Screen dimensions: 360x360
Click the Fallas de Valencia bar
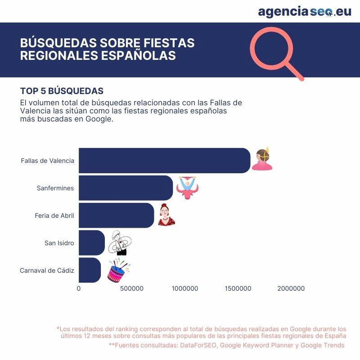(x=164, y=161)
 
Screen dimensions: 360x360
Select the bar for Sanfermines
(x=126, y=188)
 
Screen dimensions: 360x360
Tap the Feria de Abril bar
(x=116, y=216)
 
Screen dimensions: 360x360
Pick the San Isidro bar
(x=91, y=243)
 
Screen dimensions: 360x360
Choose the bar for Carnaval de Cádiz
(x=90, y=270)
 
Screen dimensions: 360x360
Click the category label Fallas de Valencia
(x=47, y=161)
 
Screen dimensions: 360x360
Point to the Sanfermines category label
(x=55, y=188)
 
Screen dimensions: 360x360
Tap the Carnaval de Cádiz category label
(x=47, y=270)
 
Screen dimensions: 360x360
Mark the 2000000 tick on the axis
(x=290, y=288)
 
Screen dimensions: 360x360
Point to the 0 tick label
(x=79, y=288)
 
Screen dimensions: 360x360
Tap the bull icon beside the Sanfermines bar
(x=187, y=188)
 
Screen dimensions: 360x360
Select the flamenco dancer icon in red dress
(x=166, y=215)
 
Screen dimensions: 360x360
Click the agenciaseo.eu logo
(x=304, y=12)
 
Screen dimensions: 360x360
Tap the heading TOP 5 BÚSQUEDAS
(x=62, y=91)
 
